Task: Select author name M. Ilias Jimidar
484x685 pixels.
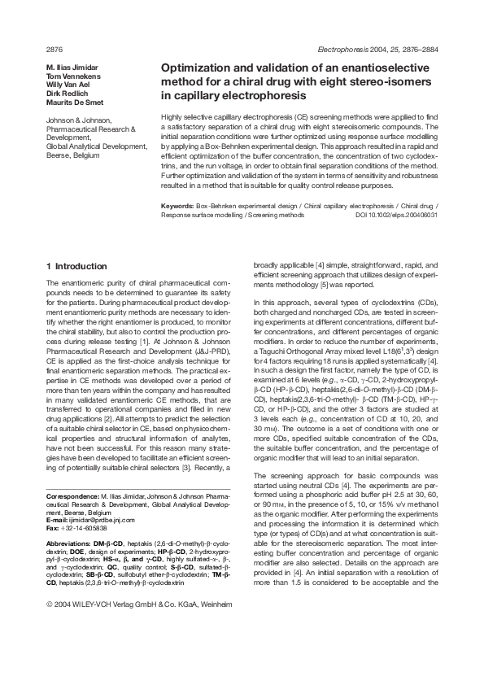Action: tap(73, 66)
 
